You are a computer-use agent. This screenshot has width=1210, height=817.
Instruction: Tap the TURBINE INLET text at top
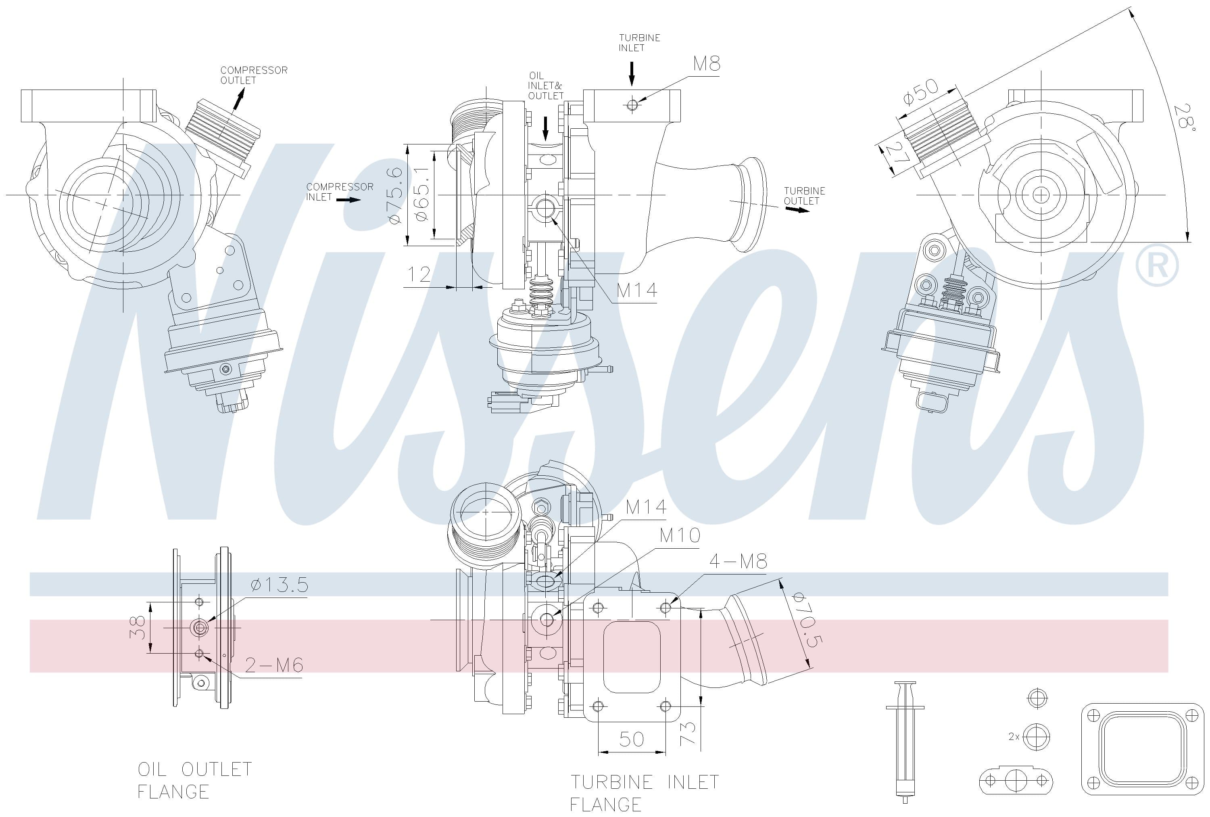pos(639,43)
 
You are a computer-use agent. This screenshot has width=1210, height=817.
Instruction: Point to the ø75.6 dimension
pos(396,195)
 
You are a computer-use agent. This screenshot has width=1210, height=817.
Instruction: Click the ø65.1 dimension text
pos(422,194)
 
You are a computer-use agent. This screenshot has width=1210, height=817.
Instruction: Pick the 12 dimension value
pos(419,274)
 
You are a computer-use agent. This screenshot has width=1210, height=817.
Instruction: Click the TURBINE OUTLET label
pos(804,196)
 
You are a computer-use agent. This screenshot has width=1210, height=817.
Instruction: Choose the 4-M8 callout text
pos(738,561)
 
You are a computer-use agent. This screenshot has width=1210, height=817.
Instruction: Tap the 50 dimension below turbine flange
pos(631,739)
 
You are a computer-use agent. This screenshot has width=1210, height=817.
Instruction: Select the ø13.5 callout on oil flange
pos(279,585)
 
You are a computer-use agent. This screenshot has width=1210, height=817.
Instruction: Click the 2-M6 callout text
pos(274,665)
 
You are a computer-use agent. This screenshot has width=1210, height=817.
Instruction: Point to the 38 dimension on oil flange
pos(137,627)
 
